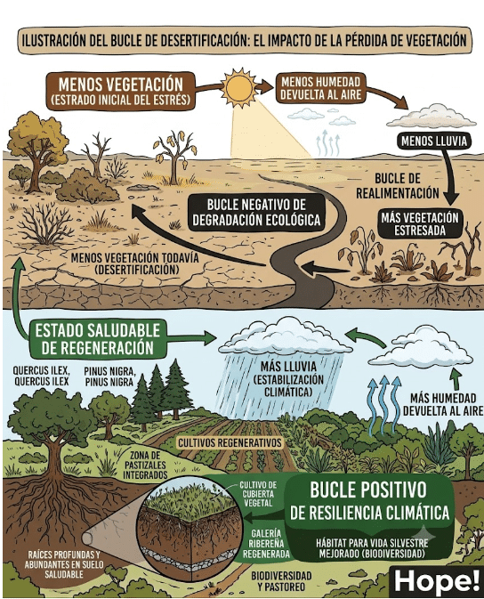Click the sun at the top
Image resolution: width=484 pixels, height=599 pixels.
(x=239, y=87)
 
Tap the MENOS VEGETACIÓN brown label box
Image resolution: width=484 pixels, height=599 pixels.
(x=120, y=91)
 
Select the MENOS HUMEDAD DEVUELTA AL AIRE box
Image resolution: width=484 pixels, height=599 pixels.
(x=320, y=88)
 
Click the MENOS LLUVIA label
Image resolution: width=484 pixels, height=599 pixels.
(x=434, y=141)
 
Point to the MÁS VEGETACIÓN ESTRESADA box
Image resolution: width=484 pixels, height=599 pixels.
(x=420, y=224)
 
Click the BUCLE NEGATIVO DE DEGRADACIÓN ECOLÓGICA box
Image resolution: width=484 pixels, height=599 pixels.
(x=257, y=213)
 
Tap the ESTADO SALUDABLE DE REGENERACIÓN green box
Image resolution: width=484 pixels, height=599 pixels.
(x=97, y=339)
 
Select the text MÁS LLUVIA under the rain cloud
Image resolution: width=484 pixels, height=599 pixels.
(x=288, y=367)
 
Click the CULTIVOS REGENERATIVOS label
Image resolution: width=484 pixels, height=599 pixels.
(x=230, y=443)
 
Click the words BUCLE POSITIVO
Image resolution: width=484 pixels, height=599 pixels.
(x=367, y=490)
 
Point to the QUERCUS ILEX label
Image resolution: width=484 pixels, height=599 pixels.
(x=41, y=376)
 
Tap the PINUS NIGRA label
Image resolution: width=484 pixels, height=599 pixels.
(x=109, y=376)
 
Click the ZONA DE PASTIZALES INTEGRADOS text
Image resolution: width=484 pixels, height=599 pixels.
(x=145, y=465)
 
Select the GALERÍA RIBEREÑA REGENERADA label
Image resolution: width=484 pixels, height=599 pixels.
(x=266, y=543)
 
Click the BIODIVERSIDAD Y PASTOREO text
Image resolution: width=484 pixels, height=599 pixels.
(x=281, y=581)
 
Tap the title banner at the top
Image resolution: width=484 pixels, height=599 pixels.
(x=244, y=41)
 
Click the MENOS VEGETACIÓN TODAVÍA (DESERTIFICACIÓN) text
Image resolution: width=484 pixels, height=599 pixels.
(x=135, y=263)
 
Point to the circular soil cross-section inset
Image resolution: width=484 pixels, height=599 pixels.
(x=190, y=529)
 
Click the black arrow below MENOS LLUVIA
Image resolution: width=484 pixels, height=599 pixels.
(x=448, y=176)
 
